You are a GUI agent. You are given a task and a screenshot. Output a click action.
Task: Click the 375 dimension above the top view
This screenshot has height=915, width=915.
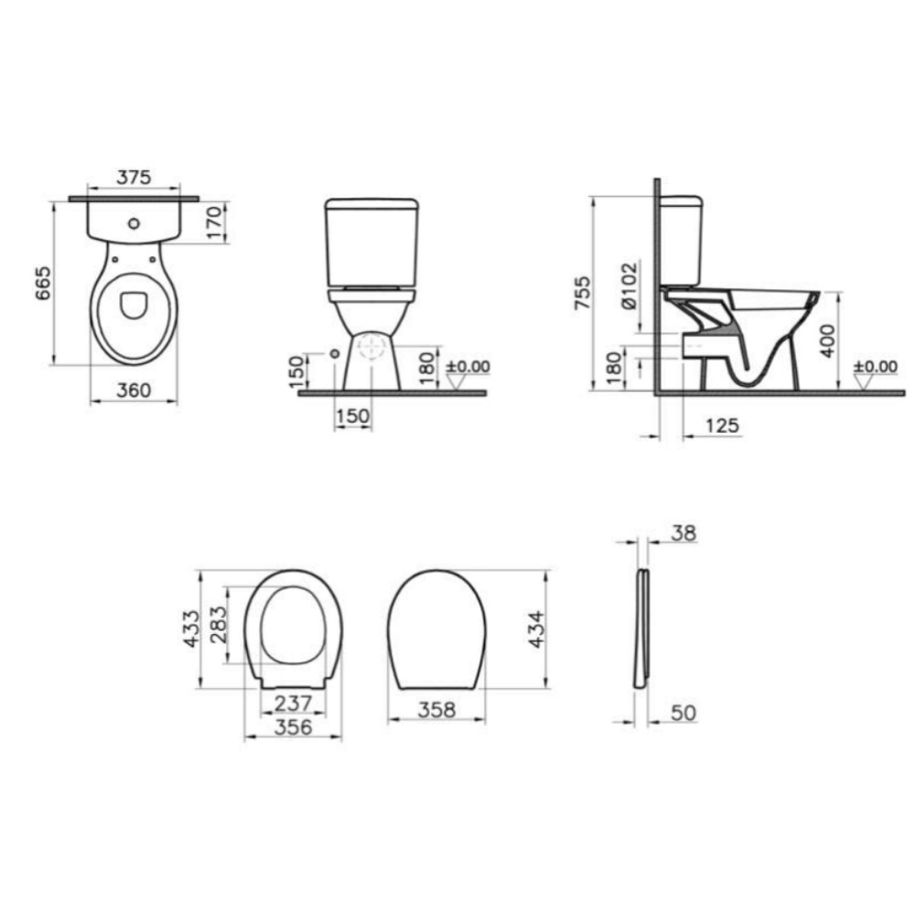click(134, 177)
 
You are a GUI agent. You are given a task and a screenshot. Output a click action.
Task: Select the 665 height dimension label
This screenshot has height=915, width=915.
click(44, 284)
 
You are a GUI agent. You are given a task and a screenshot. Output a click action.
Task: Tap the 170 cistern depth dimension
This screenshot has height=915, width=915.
click(215, 222)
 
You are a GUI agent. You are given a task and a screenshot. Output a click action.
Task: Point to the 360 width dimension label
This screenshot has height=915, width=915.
click(134, 390)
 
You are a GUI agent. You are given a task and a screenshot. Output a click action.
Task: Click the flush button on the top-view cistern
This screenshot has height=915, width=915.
click(134, 223)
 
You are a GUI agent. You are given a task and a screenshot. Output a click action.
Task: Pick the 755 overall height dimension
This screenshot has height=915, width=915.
click(582, 293)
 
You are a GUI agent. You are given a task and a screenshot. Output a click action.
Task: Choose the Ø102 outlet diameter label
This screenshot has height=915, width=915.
click(630, 285)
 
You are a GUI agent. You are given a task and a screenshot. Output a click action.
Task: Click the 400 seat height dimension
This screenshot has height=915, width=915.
click(827, 341)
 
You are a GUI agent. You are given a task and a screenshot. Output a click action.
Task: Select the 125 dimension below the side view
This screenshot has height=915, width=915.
click(723, 425)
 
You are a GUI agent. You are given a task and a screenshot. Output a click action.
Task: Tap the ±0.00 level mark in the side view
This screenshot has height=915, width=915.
click(876, 367)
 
